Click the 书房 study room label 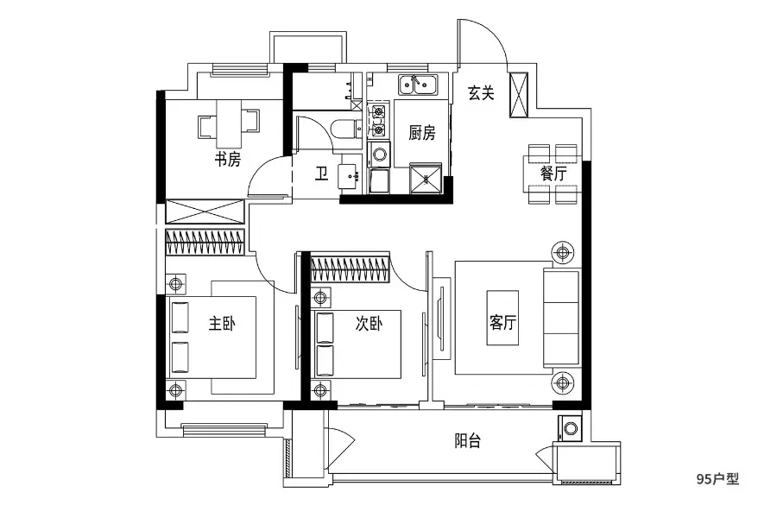[227, 160]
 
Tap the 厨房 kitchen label [421, 133]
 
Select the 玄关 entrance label [481, 92]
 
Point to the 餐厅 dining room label [553, 174]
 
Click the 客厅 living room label [502, 323]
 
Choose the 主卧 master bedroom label [222, 324]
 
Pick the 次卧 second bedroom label [370, 324]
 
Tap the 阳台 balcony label [467, 440]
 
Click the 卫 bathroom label [322, 174]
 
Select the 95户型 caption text [717, 479]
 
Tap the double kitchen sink [418, 85]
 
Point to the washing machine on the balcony [570, 428]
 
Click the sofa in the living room [561, 319]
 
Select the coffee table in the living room [502, 318]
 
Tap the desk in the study [229, 124]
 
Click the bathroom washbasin [351, 177]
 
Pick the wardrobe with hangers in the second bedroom [350, 268]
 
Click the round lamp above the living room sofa [562, 253]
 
